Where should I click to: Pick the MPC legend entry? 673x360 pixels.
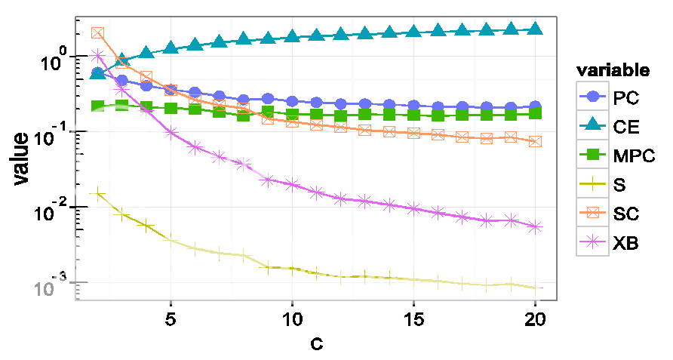point(611,155)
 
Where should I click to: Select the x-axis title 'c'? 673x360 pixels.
point(316,344)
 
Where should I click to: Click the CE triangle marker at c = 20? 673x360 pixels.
point(535,29)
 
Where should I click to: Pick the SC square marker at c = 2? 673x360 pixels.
point(97,33)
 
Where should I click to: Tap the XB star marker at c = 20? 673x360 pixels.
point(535,226)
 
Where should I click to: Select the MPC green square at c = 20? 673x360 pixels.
point(535,113)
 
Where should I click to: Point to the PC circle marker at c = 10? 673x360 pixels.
point(292,101)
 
